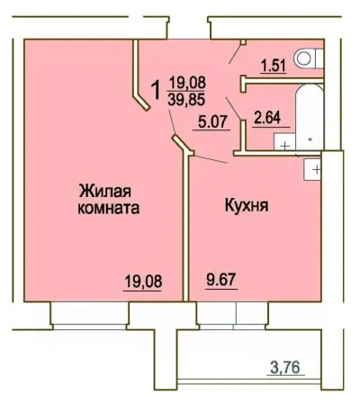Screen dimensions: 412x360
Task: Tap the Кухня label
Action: pyautogui.click(x=247, y=205)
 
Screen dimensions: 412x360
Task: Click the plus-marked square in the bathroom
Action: pyautogui.click(x=285, y=144)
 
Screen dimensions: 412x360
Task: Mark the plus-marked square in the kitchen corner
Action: pyautogui.click(x=315, y=167)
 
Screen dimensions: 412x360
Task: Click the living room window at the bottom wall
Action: pyautogui.click(x=90, y=313)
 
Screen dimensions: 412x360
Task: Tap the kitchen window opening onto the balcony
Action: pyautogui.click(x=237, y=314)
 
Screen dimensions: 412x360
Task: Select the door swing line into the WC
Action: pyautogui.click(x=236, y=55)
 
